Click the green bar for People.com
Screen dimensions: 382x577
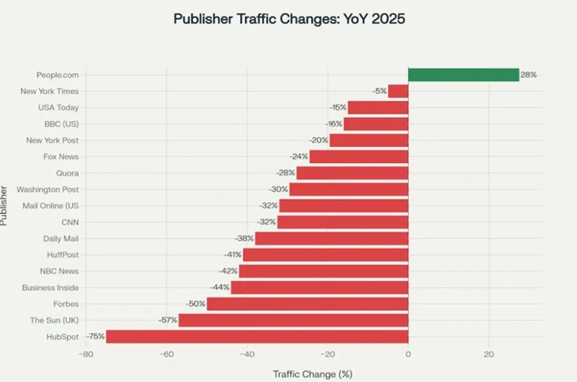coord(463,74)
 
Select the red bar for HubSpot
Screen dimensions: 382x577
coord(257,336)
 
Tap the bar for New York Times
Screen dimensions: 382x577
coord(398,91)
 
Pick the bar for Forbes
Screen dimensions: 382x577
coord(307,303)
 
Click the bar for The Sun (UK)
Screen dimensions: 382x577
coord(293,320)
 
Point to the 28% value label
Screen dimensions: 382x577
coord(528,74)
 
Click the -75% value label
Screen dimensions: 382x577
coord(95,336)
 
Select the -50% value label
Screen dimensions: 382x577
coord(196,303)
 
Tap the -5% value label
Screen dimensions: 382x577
coord(380,91)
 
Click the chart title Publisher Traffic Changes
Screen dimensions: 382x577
coord(288,18)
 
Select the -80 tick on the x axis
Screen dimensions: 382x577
coord(85,354)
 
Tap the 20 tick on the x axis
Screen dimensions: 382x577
coord(488,354)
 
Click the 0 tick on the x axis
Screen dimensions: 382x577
coord(408,354)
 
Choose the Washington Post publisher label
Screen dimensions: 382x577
coord(53,189)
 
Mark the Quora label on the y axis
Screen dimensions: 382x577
coord(68,173)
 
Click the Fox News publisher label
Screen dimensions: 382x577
coord(61,156)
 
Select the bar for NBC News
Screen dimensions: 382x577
coord(323,271)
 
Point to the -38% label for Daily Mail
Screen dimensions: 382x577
coord(244,238)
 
